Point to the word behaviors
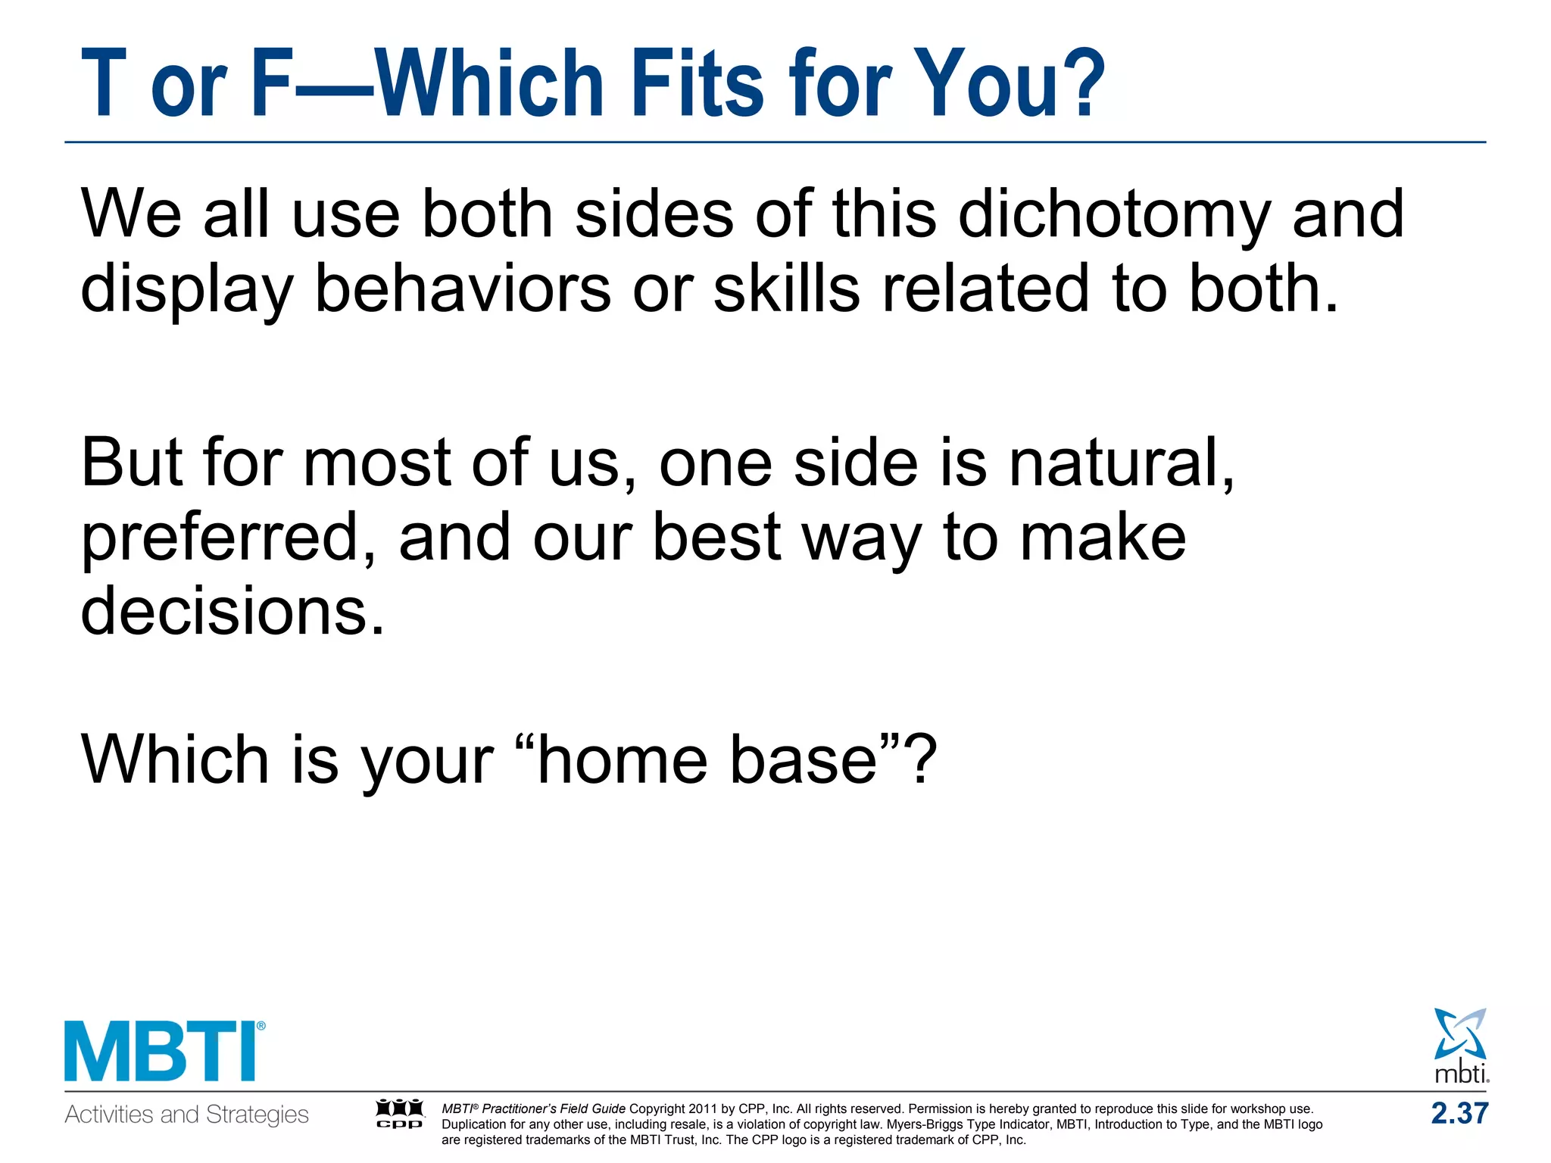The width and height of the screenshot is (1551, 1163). coord(463,289)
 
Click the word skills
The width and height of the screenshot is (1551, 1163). coord(787,289)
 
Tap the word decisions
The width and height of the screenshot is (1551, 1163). coord(233,612)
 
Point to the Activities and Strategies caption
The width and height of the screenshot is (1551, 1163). coord(187,1115)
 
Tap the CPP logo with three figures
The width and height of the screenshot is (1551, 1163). coord(400,1114)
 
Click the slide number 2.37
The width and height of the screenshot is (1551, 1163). coord(1459,1114)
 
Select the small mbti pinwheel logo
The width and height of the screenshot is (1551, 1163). coord(1461,1044)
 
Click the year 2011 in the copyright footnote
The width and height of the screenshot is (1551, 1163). coord(702,1109)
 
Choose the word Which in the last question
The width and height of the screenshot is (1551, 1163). coord(174,760)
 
